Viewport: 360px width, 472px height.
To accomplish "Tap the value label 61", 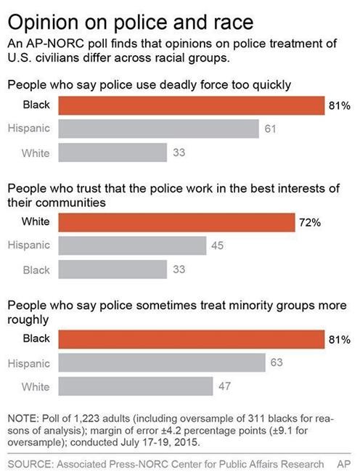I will coord(272,129).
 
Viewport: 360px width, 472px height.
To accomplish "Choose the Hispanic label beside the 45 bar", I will coord(29,245).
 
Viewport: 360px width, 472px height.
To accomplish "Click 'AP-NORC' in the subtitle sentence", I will coord(52,44).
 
